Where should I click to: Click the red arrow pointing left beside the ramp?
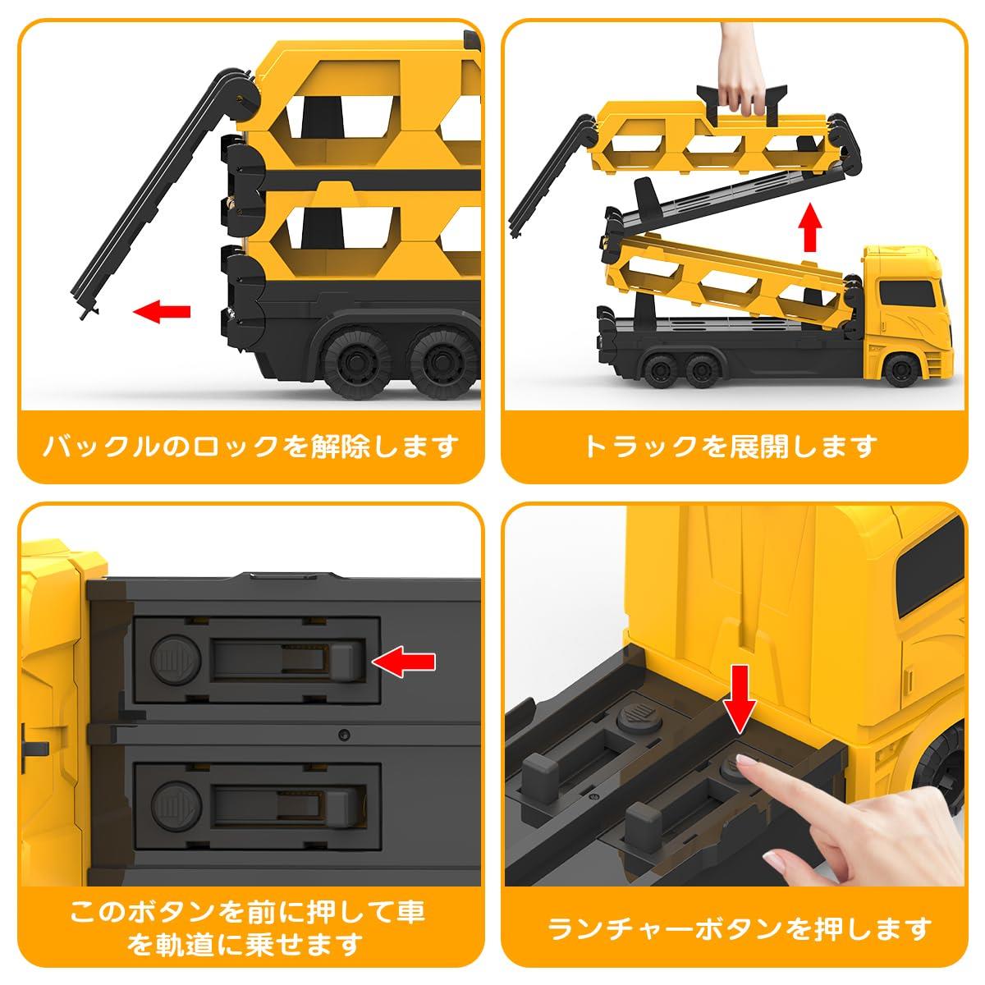162,311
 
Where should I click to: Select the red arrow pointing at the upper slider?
404,662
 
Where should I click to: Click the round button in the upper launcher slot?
176,660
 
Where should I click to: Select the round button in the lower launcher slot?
176,805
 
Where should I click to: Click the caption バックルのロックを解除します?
250,447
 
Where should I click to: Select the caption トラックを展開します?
731,447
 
